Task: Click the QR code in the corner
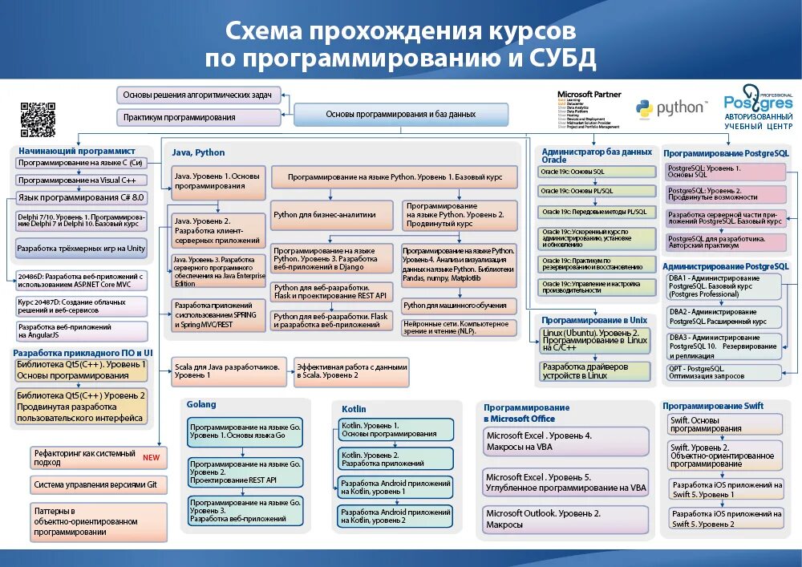tap(38, 119)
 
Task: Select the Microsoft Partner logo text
tap(589, 94)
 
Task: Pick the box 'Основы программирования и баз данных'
tap(401, 115)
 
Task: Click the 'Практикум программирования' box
tap(199, 118)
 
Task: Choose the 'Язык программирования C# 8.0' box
tap(81, 197)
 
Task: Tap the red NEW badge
tap(151, 458)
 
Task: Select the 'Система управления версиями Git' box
tap(99, 484)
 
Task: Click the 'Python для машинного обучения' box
tap(456, 306)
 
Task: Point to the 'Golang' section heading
tap(201, 404)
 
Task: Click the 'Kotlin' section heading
tap(354, 409)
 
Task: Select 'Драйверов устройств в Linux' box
tap(595, 371)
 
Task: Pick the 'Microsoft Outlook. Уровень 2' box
tap(565, 519)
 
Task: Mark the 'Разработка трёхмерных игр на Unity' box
tap(81, 249)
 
